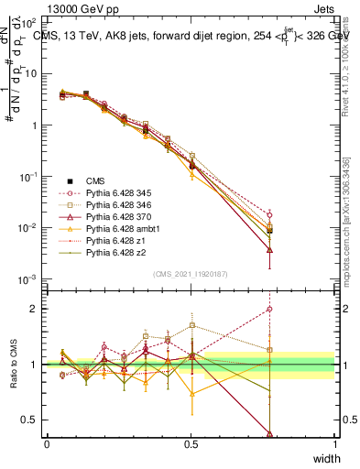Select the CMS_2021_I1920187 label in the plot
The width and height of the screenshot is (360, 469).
click(x=191, y=274)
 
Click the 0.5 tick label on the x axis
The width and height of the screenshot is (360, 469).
click(x=191, y=444)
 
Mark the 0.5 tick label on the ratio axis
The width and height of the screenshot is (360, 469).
click(x=32, y=420)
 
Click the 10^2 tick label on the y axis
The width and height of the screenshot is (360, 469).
click(x=29, y=22)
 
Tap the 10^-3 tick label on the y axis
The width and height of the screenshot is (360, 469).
click(x=29, y=278)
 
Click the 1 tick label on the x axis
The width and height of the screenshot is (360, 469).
click(x=334, y=444)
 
